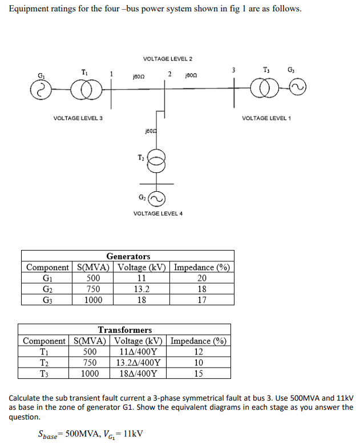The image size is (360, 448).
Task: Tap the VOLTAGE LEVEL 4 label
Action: point(158,213)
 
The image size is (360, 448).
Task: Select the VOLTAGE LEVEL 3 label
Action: point(74,118)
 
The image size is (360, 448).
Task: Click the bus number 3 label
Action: point(233,70)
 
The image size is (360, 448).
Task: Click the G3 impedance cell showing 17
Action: point(202,300)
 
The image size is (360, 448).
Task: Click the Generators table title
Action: point(128,256)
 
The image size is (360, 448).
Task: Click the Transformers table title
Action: point(125,330)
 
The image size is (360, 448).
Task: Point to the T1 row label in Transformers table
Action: point(44,352)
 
